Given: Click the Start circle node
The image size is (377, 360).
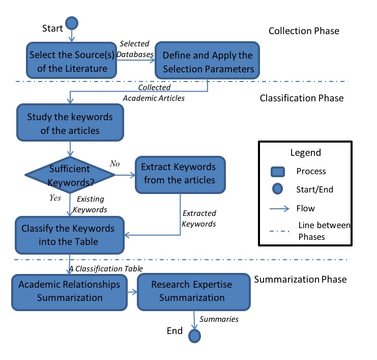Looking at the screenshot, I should pos(72,23).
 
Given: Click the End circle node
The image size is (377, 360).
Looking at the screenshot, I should pos(194,336).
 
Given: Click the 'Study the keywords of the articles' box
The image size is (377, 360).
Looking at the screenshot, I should pos(69,124).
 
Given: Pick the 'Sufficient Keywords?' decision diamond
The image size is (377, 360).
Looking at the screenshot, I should pos(70,175).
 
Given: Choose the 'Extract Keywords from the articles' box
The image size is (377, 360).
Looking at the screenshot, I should pos(179,173).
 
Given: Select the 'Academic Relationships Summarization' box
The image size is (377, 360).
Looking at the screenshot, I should pos(69,291).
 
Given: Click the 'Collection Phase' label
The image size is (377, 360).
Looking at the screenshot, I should pos(303,31).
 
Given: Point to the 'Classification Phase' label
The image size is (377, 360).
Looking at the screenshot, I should pos(301,98).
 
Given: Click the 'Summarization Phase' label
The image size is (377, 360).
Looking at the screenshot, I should pos(300,279).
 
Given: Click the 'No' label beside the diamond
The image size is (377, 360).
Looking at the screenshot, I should pos(114,163).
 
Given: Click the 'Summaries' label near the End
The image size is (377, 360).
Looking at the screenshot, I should pos(219,319).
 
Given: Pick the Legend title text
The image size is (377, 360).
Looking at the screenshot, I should pos(305,153).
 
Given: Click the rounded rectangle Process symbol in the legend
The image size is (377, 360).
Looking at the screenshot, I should pos(277,171).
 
